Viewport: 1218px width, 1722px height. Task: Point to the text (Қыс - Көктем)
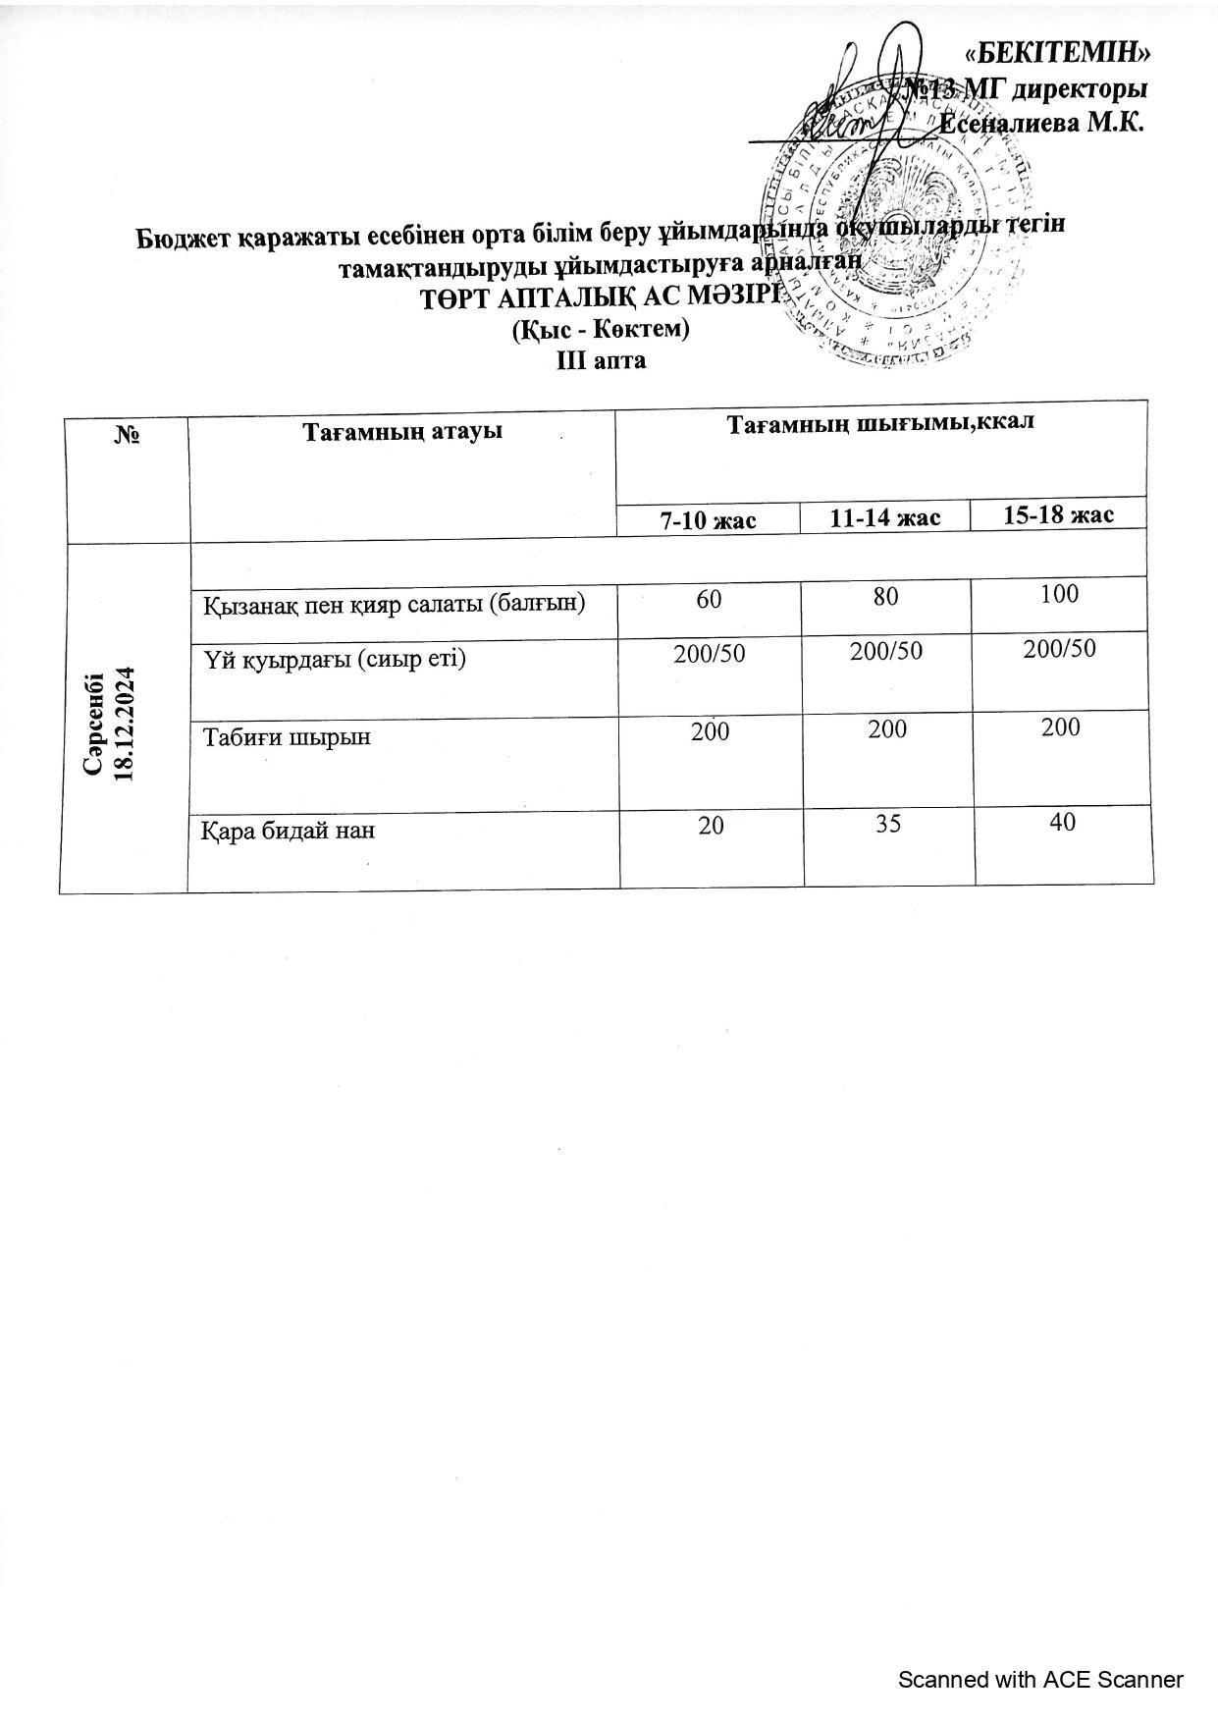(x=601, y=330)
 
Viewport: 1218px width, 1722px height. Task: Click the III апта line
(x=601, y=360)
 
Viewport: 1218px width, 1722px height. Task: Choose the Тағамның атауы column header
(x=401, y=432)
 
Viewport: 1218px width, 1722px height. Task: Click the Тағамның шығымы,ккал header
(x=880, y=424)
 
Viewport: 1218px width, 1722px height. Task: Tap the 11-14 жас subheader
(x=885, y=517)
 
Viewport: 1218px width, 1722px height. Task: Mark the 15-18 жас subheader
(x=1059, y=514)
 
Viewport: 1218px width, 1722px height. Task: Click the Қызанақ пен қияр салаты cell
(x=394, y=604)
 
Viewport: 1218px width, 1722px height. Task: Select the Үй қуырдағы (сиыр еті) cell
(x=334, y=659)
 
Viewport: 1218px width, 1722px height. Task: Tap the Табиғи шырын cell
(x=287, y=735)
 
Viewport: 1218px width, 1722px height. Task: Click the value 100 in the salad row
(x=1060, y=593)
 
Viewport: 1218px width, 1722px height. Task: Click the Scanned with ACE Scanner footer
(x=1040, y=1679)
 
